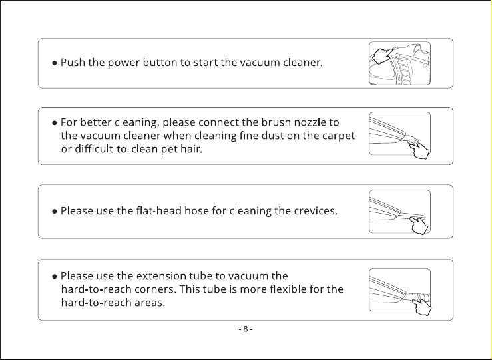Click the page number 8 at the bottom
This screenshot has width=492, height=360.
[x=246, y=329]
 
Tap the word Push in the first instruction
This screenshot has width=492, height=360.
[x=73, y=62]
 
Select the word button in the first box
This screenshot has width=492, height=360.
[x=160, y=62]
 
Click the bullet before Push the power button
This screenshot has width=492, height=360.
[x=55, y=63]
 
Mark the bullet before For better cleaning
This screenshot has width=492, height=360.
[x=55, y=122]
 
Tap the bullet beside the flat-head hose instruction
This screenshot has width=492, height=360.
[x=55, y=211]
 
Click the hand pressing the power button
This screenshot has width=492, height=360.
[x=383, y=56]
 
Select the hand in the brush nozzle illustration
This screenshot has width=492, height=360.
[x=419, y=150]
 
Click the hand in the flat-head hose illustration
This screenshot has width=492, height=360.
[x=419, y=225]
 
